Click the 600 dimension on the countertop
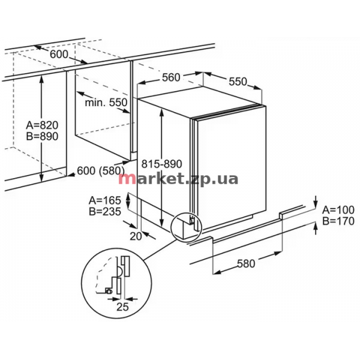(x=59, y=55)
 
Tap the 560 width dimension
(x=171, y=77)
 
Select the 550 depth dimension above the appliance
(x=238, y=82)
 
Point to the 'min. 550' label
(x=106, y=103)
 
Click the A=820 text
(x=42, y=125)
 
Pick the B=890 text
(x=42, y=136)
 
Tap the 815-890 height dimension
(x=161, y=164)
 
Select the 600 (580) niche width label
(x=101, y=171)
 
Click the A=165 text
(x=104, y=200)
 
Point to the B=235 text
(x=104, y=211)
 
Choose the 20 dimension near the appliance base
(x=136, y=236)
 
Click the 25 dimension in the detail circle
(x=122, y=307)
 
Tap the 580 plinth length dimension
(x=246, y=263)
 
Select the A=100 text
(x=338, y=210)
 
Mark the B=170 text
(x=338, y=221)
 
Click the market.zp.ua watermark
(x=178, y=179)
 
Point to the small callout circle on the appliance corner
(x=171, y=227)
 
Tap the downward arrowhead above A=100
(x=316, y=205)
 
